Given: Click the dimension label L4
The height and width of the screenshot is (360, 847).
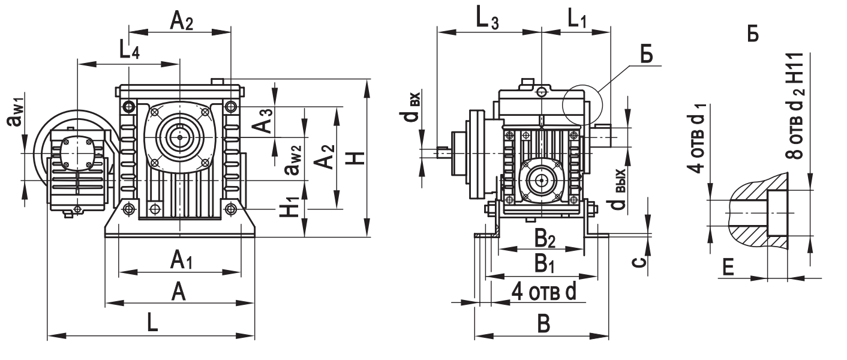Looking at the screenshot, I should click(x=128, y=50).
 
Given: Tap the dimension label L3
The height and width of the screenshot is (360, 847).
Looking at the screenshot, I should click(x=486, y=19).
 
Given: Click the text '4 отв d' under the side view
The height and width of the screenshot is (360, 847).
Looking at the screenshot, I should click(x=543, y=292).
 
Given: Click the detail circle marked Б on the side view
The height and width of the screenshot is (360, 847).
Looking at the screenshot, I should click(x=581, y=105).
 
